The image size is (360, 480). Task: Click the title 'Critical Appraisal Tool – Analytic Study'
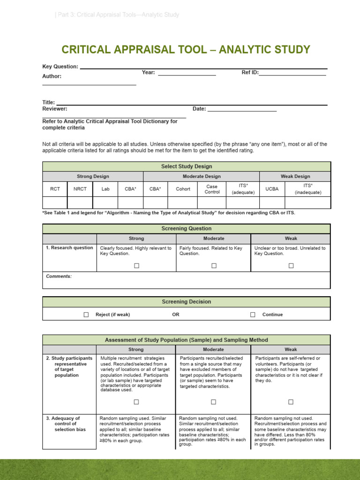(186, 50)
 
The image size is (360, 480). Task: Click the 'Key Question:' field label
(60, 67)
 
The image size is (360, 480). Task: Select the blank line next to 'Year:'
(187, 73)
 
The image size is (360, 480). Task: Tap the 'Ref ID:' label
(250, 73)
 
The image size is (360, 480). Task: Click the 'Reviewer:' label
(55, 109)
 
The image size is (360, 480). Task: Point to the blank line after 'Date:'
(242, 110)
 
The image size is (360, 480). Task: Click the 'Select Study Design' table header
(187, 166)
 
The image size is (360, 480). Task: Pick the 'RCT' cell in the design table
(55, 189)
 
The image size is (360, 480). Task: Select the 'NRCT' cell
(80, 189)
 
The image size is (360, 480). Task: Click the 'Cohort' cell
(183, 189)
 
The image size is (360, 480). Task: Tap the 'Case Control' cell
(212, 189)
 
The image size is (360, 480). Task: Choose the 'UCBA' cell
(272, 189)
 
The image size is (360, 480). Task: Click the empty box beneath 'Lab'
(105, 202)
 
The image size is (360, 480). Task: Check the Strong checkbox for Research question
(136, 266)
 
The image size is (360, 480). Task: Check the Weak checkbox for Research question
(291, 266)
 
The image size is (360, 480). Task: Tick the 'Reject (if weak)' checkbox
(86, 315)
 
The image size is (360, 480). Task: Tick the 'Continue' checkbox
(253, 315)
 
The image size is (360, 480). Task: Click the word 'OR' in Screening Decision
(176, 315)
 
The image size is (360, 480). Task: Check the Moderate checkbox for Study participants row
(213, 402)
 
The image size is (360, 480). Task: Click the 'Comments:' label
(59, 277)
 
